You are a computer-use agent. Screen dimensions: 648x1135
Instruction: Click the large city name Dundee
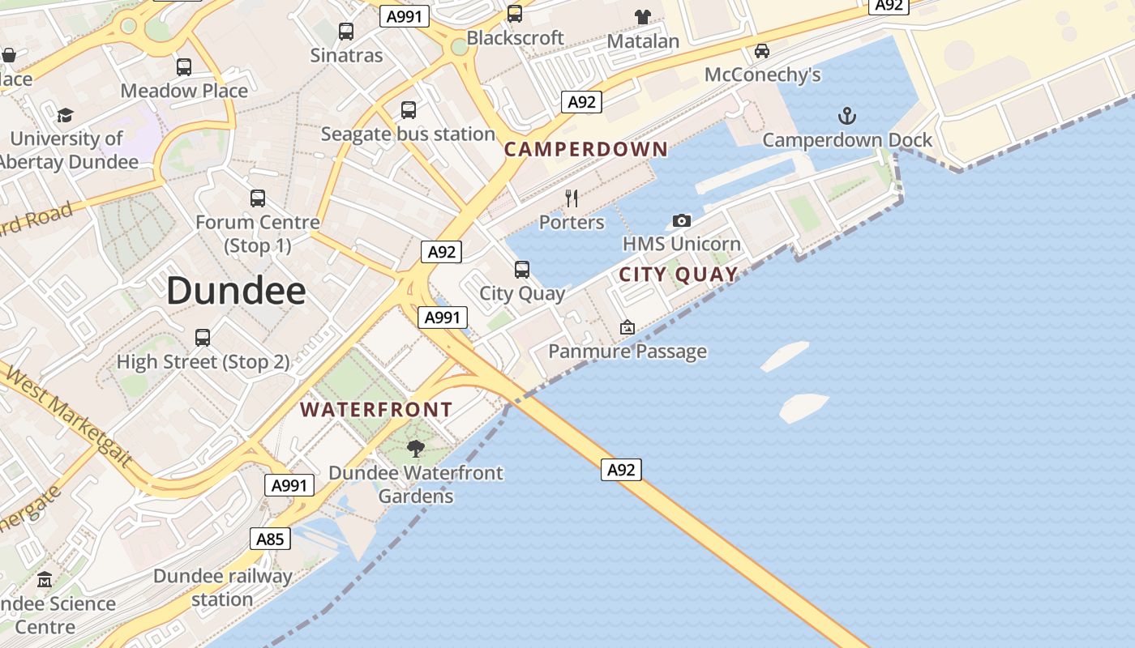[x=236, y=291]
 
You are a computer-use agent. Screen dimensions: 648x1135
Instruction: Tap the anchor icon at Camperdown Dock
[x=846, y=115]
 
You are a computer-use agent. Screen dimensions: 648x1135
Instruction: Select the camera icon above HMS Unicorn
[x=682, y=220]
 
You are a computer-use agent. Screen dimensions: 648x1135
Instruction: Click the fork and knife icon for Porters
[x=572, y=198]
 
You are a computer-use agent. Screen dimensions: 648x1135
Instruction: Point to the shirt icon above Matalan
[x=643, y=16]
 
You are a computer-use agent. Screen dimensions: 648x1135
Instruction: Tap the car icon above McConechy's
[x=762, y=51]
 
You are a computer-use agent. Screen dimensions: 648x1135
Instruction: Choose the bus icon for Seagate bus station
[x=409, y=109]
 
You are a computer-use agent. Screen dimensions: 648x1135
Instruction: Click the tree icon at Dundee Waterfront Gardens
[x=416, y=448]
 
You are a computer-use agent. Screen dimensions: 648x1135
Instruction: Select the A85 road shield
[x=270, y=539]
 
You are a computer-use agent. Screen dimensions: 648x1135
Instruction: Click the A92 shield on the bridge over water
[x=621, y=470]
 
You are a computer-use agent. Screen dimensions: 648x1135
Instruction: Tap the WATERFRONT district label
[x=376, y=410]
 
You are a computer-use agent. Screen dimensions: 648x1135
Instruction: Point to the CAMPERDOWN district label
[x=586, y=149]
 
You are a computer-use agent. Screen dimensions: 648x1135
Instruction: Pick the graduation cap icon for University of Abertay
[x=66, y=115]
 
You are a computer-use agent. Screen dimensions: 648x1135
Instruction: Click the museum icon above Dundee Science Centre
[x=45, y=580]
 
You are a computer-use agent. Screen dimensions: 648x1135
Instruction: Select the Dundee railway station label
[x=222, y=588]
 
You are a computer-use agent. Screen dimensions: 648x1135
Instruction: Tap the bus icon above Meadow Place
[x=184, y=67]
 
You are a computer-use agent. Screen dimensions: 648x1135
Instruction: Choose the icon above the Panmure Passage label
[x=627, y=327]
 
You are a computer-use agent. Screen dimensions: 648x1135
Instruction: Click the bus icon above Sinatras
[x=346, y=32]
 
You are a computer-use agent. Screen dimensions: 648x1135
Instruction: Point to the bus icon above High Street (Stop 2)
[x=203, y=337]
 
